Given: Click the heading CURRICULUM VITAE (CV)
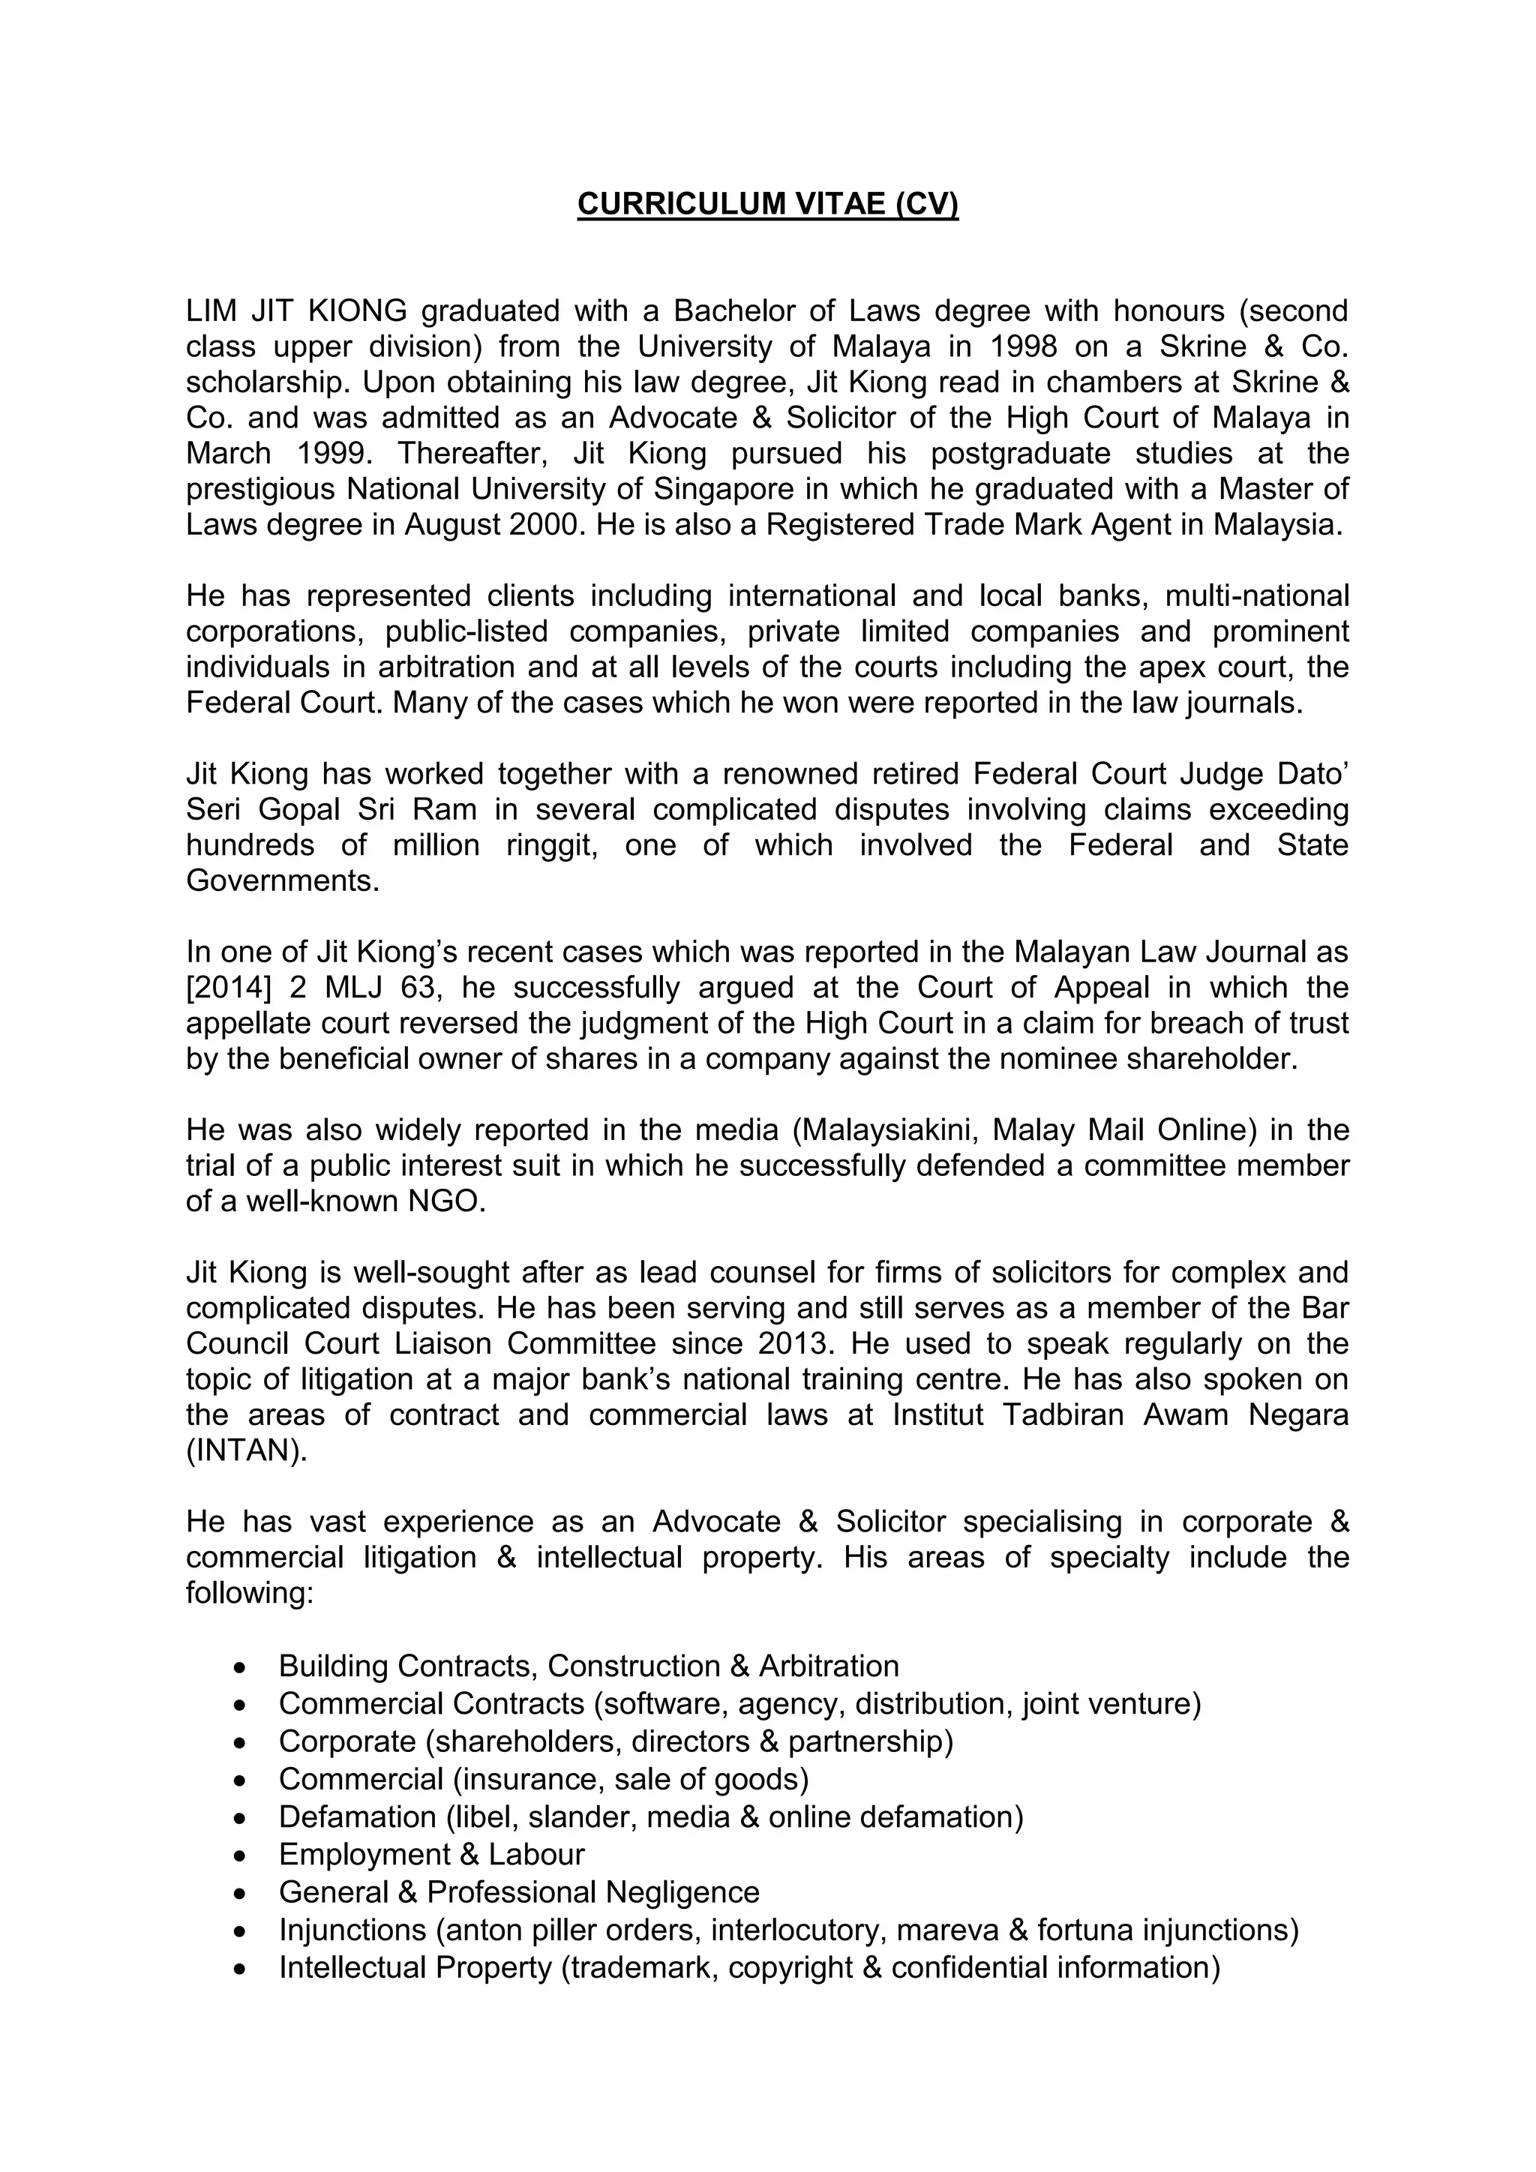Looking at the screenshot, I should point(767,204).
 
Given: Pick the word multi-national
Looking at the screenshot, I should point(1257,596).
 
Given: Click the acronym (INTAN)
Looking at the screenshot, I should point(247,1450).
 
